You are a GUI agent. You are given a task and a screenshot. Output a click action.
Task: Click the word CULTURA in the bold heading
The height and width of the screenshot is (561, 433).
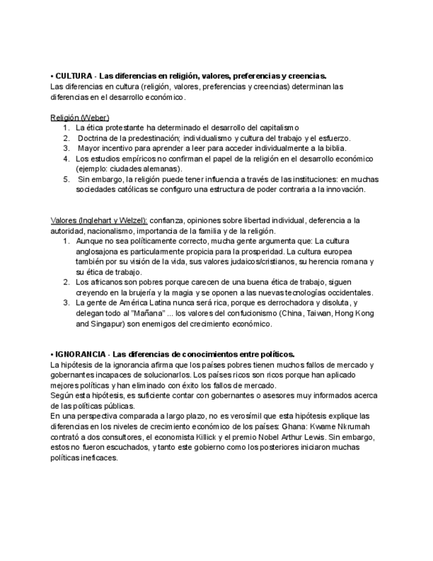coord(73,76)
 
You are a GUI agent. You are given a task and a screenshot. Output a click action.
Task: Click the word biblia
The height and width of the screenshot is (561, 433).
coord(333,148)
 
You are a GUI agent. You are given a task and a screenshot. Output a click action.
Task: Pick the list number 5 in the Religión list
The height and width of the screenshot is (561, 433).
coord(66,179)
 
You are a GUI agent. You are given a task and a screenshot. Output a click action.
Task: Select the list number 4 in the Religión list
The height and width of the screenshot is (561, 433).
coord(66,159)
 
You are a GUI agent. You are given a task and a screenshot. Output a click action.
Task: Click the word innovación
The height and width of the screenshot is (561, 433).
coord(340,189)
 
